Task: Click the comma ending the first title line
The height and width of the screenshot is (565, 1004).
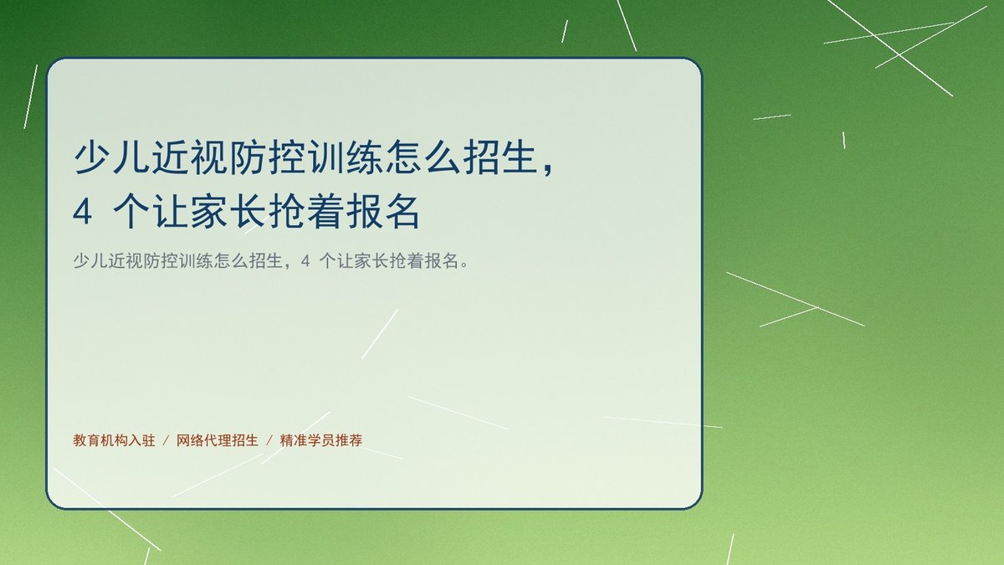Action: [549, 169]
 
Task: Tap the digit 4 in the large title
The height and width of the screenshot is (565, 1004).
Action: [83, 212]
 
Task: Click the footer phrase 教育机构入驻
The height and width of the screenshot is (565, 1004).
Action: [115, 440]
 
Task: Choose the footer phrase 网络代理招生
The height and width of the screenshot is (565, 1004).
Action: [218, 440]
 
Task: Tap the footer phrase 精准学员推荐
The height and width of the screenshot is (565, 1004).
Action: [321, 440]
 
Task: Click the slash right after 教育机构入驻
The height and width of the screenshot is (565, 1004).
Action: [166, 441]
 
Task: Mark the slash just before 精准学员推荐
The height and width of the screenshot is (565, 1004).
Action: [269, 441]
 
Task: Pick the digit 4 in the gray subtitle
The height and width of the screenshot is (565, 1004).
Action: [305, 261]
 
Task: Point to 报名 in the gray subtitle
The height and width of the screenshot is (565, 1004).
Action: [442, 260]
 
